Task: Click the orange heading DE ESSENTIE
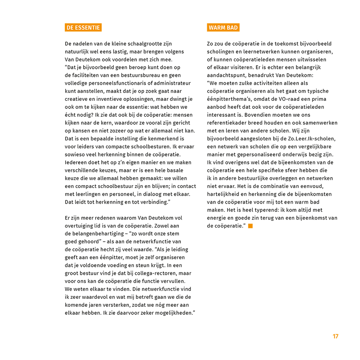(83, 28)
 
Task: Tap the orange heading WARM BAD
(223, 28)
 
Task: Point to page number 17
(335, 336)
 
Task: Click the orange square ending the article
(250, 226)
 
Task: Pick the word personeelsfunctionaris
(109, 83)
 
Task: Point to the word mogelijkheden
(174, 313)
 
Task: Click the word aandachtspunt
(226, 75)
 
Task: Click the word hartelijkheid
(225, 194)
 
